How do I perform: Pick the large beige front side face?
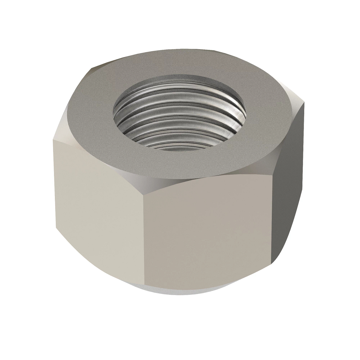point(210,234)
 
